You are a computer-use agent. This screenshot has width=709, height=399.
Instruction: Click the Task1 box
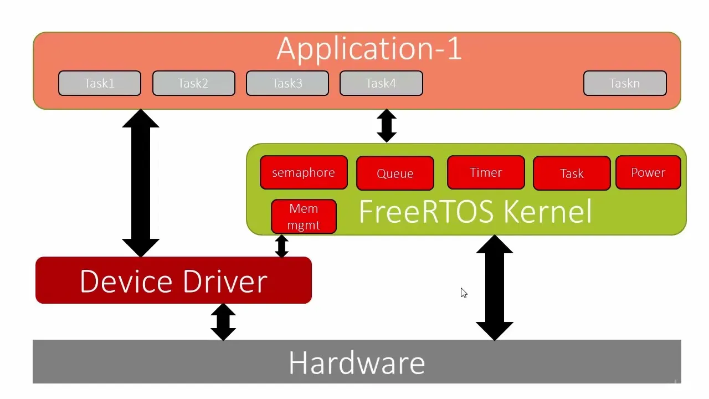click(x=100, y=83)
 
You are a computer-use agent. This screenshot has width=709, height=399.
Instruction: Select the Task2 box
click(x=193, y=83)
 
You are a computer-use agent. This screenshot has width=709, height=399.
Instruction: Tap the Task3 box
click(x=287, y=83)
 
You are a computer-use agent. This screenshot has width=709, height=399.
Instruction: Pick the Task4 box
click(x=381, y=83)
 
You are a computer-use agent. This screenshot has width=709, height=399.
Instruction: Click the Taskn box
click(x=625, y=83)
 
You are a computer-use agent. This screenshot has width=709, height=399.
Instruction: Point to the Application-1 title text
click(x=369, y=49)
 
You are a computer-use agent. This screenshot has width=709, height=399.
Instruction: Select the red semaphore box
click(x=304, y=172)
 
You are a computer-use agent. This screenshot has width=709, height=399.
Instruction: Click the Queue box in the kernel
click(x=395, y=173)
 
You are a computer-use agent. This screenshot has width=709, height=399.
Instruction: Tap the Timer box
click(x=486, y=172)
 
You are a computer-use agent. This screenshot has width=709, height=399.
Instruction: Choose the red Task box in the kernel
click(x=572, y=173)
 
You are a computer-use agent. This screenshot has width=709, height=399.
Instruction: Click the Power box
click(x=648, y=172)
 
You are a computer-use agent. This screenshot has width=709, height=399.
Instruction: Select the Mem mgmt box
click(x=304, y=217)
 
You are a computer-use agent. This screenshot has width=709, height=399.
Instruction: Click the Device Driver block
click(x=173, y=280)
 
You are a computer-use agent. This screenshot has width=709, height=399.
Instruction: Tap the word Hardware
click(x=357, y=363)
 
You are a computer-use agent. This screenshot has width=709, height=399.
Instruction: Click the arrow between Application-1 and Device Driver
click(x=141, y=183)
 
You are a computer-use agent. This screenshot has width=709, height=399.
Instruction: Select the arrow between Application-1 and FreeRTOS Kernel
click(x=387, y=126)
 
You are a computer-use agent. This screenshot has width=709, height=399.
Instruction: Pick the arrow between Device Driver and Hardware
click(x=223, y=322)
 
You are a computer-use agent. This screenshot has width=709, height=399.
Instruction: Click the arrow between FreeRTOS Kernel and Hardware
click(x=495, y=288)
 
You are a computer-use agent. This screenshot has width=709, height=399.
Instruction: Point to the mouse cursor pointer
click(x=464, y=293)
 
